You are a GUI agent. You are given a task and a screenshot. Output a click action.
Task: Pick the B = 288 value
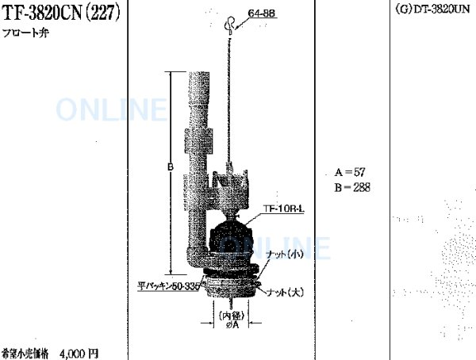point(352,187)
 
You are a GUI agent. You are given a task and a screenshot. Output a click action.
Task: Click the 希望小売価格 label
point(25,352)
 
